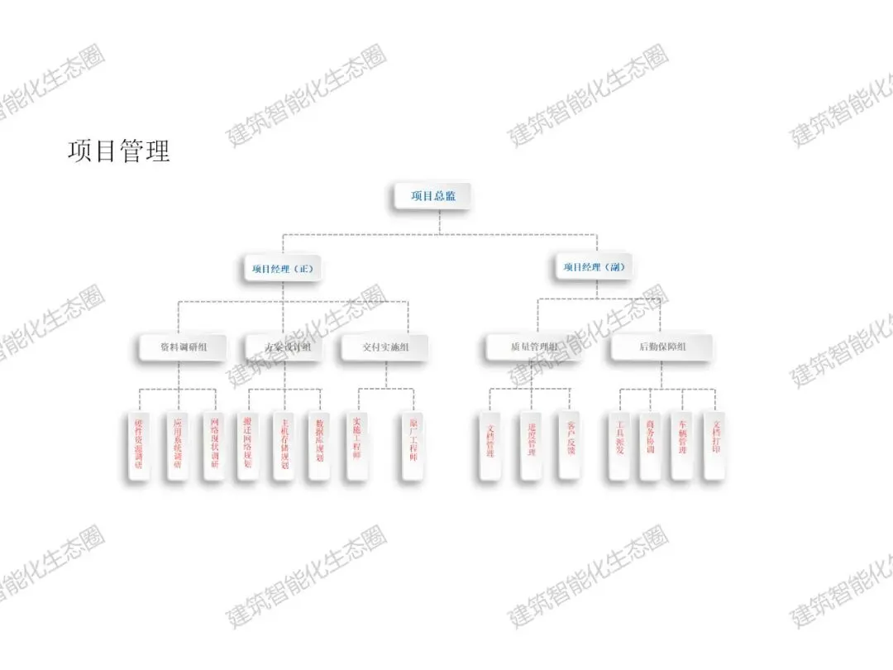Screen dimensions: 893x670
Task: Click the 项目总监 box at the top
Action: click(432, 196)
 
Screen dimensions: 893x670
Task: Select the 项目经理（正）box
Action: click(283, 268)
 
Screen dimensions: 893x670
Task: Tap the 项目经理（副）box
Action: click(594, 267)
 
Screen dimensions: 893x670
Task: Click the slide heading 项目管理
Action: click(119, 151)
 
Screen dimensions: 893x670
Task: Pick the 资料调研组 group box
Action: click(183, 347)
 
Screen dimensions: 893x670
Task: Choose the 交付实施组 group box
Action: click(385, 347)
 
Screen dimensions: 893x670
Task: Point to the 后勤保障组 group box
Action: click(662, 347)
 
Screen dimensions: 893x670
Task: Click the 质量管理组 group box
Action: click(533, 347)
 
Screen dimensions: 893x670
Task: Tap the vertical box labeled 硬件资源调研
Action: click(139, 445)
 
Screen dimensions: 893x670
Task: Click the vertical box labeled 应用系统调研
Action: click(177, 445)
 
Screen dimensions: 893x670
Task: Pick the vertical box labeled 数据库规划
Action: click(319, 445)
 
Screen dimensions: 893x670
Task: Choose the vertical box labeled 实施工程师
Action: click(357, 445)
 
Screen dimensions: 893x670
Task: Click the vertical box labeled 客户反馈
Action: click(571, 445)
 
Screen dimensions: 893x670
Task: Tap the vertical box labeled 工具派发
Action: click(618, 445)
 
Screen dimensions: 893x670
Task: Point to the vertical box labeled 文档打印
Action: click(715, 445)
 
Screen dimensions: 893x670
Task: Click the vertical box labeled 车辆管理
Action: click(682, 445)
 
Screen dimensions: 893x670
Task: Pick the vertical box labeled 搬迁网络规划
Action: click(247, 445)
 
